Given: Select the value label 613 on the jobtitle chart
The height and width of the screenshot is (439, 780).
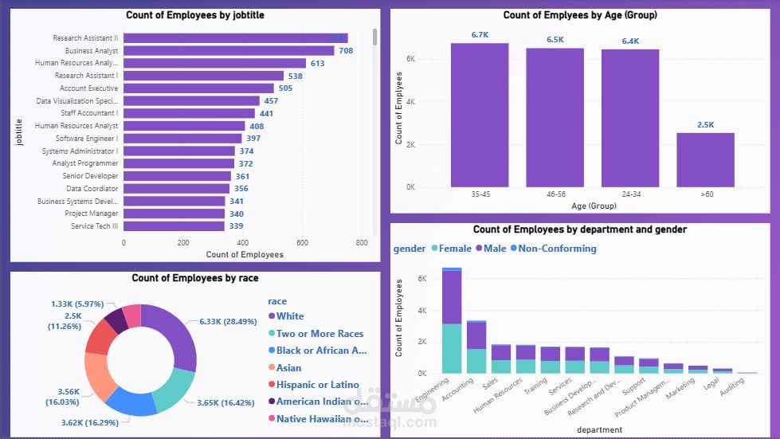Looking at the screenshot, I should pos(317,64).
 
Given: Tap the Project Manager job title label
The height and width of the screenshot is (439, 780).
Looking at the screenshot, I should pos(91,214).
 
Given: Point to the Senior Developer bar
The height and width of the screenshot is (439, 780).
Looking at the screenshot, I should pos(177,176).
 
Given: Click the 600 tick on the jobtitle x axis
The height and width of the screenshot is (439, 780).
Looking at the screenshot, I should pos(302,243).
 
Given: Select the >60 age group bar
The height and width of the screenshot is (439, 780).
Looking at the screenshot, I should pos(705,159).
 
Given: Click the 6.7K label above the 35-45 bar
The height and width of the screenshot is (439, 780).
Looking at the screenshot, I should pos(480,35).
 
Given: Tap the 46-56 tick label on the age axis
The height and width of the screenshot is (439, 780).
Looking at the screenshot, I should pos(555,194).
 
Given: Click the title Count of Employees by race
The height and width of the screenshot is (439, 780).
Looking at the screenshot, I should pos(194,278).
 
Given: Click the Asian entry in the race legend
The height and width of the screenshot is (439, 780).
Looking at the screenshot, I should pos(288,368).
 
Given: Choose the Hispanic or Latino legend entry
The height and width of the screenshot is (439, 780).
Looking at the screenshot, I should pos(317,385).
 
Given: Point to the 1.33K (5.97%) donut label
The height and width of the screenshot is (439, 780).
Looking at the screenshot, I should pos(77,304).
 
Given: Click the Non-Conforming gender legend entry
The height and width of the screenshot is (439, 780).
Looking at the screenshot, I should pos(557,249).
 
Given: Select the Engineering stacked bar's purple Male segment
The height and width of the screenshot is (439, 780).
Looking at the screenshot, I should pos(452,296).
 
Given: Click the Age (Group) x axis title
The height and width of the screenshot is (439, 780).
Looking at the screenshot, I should pos(592,206).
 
